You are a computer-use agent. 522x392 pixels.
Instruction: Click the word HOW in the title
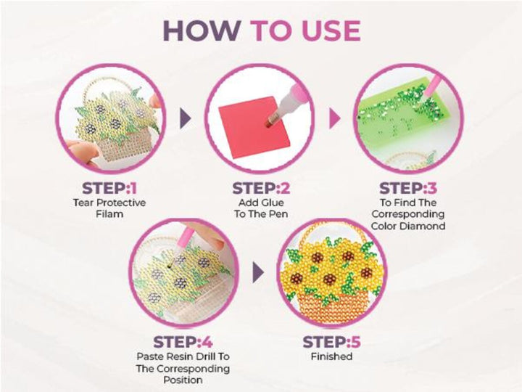pyautogui.click(x=202, y=30)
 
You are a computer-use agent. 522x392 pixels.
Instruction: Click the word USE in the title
pyautogui.click(x=331, y=30)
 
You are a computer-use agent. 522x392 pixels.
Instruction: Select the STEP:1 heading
pyautogui.click(x=109, y=188)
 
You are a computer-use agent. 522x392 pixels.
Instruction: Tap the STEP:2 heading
pyautogui.click(x=261, y=188)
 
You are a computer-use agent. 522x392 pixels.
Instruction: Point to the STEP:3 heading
pyautogui.click(x=408, y=188)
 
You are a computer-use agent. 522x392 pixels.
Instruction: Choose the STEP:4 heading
pyautogui.click(x=183, y=342)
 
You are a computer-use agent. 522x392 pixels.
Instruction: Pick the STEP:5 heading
pyautogui.click(x=331, y=342)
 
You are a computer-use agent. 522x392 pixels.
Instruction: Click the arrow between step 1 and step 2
pyautogui.click(x=186, y=118)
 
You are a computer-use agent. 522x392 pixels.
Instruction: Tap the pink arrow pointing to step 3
pyautogui.click(x=334, y=118)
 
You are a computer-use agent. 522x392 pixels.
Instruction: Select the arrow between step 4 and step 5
pyautogui.click(x=258, y=272)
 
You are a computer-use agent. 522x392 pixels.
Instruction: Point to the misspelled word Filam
pyautogui.click(x=109, y=213)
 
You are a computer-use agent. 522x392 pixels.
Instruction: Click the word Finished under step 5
pyautogui.click(x=331, y=356)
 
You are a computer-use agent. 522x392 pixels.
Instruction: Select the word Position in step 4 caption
pyautogui.click(x=183, y=380)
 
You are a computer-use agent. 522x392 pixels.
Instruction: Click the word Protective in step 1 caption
pyautogui.click(x=123, y=203)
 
